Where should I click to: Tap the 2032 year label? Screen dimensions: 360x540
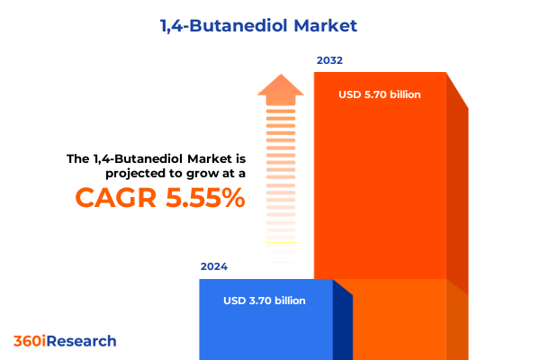point(329,61)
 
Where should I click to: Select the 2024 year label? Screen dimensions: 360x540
point(214,267)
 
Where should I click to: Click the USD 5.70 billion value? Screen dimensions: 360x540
point(380,94)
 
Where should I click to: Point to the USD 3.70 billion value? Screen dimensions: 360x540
point(265,301)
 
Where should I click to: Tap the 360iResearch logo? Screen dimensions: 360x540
point(65,341)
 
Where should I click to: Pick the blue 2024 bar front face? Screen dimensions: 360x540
point(265,324)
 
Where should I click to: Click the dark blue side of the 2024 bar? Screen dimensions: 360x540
point(343,324)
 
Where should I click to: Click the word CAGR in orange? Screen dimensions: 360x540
point(110,198)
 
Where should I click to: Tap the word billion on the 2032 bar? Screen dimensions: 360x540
point(404,94)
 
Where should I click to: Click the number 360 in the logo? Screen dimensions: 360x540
point(26,341)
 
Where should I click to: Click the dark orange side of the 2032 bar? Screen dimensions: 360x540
point(457,198)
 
